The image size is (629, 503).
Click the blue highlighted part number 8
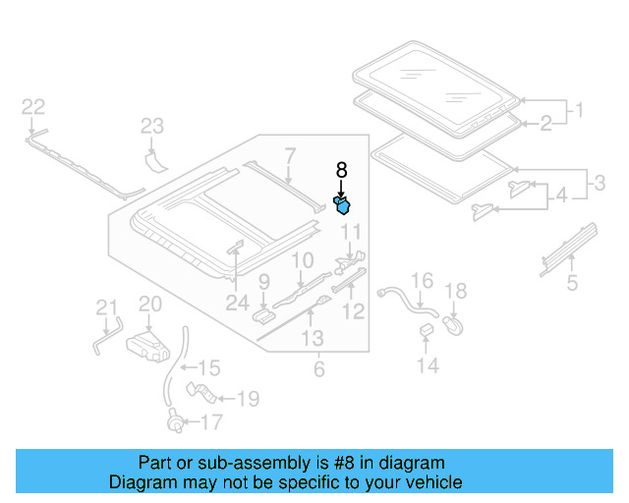(x=343, y=204)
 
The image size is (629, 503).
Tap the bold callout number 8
(x=341, y=171)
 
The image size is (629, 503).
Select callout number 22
(x=33, y=107)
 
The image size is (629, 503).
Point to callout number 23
(x=151, y=126)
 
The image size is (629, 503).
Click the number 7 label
(x=290, y=155)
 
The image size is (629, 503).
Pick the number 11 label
(x=352, y=233)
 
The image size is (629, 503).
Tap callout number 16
(x=421, y=282)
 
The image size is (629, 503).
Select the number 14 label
(x=427, y=365)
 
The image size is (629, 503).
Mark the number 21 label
(x=106, y=310)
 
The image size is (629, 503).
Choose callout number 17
(x=211, y=423)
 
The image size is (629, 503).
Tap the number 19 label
(x=247, y=399)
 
